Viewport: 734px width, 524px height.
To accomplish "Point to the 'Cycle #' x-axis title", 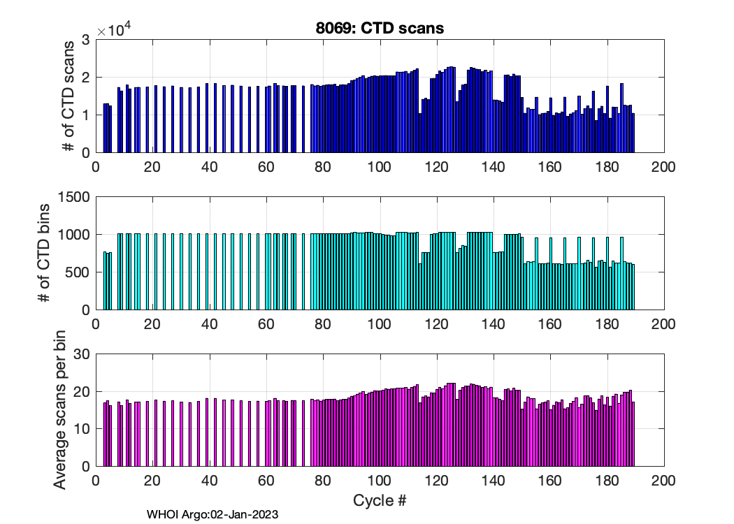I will click(x=379, y=500).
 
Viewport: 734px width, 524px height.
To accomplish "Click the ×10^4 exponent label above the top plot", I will click(x=114, y=29).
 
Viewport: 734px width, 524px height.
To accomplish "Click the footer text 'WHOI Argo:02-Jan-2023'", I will click(x=213, y=515).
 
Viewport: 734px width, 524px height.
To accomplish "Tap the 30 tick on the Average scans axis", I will click(x=82, y=354).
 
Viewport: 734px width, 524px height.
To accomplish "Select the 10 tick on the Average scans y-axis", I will click(x=82, y=429).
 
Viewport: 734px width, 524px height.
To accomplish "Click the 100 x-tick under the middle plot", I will click(x=379, y=324).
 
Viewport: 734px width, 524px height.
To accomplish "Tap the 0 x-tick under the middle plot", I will click(x=96, y=324).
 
